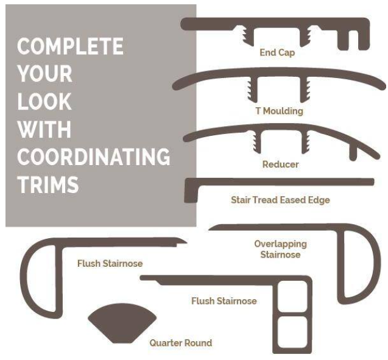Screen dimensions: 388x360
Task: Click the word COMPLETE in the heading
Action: point(70,46)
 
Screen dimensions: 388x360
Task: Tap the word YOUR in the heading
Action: point(45,74)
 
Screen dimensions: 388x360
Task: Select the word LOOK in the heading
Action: point(44,102)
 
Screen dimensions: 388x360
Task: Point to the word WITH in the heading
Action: point(44,129)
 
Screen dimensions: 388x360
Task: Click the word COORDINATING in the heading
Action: point(94,157)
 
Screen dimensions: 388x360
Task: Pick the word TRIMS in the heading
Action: point(48,185)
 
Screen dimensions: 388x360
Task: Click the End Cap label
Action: point(277,53)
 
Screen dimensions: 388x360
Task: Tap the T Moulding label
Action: point(280,111)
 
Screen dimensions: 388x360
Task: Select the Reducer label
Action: point(280,164)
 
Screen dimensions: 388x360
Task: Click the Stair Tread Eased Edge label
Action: point(280,200)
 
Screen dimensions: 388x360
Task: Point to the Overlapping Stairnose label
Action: point(280,249)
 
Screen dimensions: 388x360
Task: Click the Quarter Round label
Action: point(181,343)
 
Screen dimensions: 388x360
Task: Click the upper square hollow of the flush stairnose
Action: point(292,296)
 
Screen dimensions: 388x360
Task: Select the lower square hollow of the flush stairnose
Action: point(292,332)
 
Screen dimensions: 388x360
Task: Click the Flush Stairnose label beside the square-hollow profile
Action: point(224,301)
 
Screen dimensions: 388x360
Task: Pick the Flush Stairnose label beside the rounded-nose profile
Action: point(110,264)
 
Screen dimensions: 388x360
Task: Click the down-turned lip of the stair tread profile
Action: point(191,192)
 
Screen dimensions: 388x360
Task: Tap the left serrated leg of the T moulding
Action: point(252,90)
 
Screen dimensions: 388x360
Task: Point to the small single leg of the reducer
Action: point(353,154)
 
